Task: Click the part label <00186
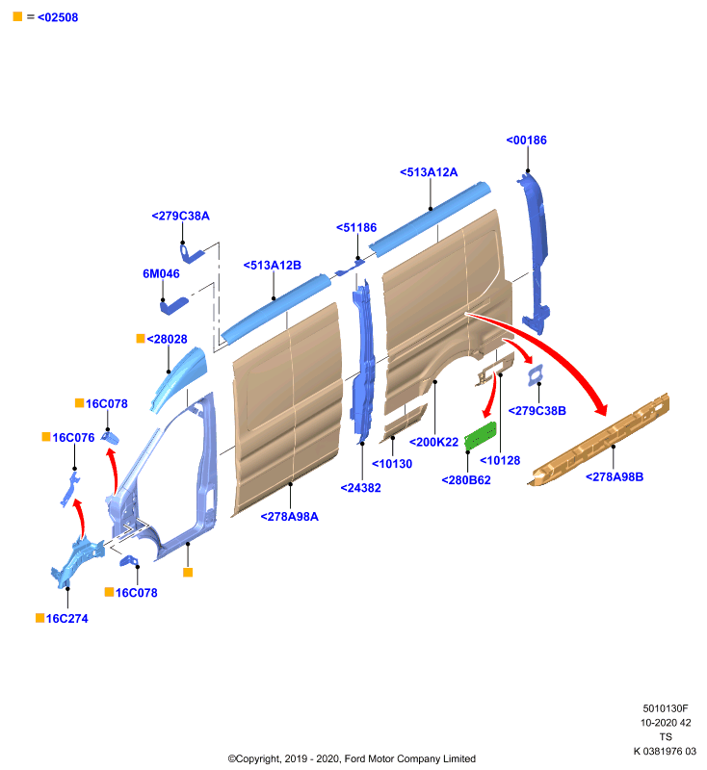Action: (x=526, y=141)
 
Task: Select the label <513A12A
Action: (x=429, y=172)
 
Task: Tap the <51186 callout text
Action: (x=356, y=228)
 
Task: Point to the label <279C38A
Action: (x=180, y=216)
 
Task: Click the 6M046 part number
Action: (x=161, y=274)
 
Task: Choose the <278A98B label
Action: (x=615, y=476)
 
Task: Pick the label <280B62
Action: (x=466, y=480)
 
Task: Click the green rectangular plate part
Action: (x=481, y=435)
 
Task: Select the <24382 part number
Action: (x=360, y=488)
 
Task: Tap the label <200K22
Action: (x=433, y=443)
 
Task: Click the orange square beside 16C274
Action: (x=40, y=618)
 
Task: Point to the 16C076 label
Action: (x=73, y=438)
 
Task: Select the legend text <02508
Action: (x=58, y=17)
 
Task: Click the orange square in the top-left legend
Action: (x=17, y=16)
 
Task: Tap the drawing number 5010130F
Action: (x=666, y=708)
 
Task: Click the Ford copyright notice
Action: (x=352, y=758)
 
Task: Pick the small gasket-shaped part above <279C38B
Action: (x=535, y=375)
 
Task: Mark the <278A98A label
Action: (x=289, y=517)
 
